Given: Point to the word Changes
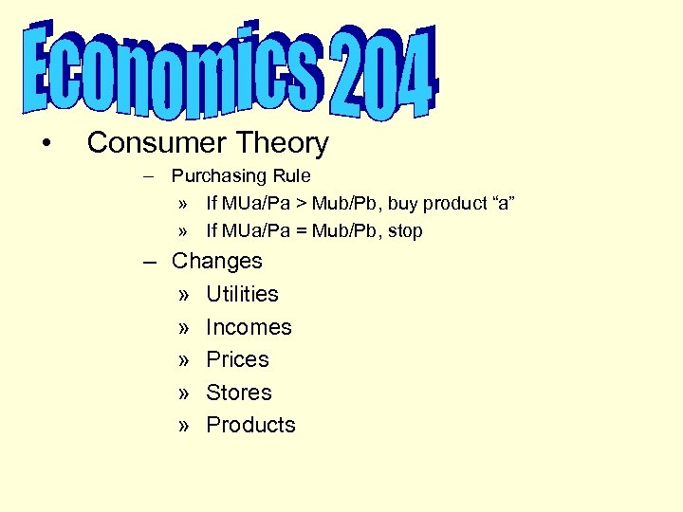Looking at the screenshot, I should click(216, 261).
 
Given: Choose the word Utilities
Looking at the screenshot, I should click(242, 294).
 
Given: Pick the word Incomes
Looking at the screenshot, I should click(249, 327).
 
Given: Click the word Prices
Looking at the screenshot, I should click(237, 359).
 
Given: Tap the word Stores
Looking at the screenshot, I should click(238, 393).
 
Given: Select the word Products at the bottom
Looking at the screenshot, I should click(250, 425).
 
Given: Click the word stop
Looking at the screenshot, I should click(405, 230).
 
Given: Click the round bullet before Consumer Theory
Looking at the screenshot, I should click(46, 143).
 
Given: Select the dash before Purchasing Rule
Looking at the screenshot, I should click(153, 176).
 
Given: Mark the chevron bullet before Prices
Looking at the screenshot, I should click(184, 360).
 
